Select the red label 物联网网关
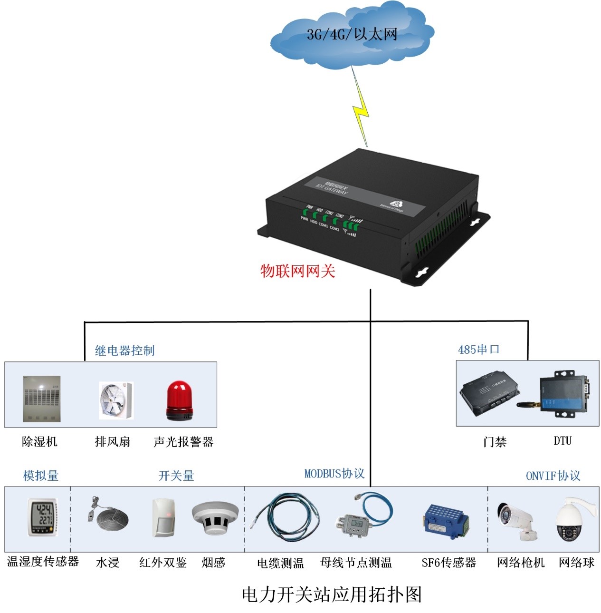pyautogui.click(x=298, y=271)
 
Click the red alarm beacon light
pyautogui.click(x=179, y=400)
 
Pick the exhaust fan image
pyautogui.click(x=115, y=400)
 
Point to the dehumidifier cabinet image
pyautogui.click(x=42, y=399)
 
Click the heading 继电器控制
pyautogui.click(x=124, y=351)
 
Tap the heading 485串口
pyautogui.click(x=478, y=350)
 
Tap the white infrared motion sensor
pyautogui.click(x=163, y=517)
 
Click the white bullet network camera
pyautogui.click(x=517, y=520)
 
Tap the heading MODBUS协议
pyautogui.click(x=334, y=474)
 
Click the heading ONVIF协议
pyautogui.click(x=553, y=476)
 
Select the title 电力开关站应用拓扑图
pyautogui.click(x=332, y=594)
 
